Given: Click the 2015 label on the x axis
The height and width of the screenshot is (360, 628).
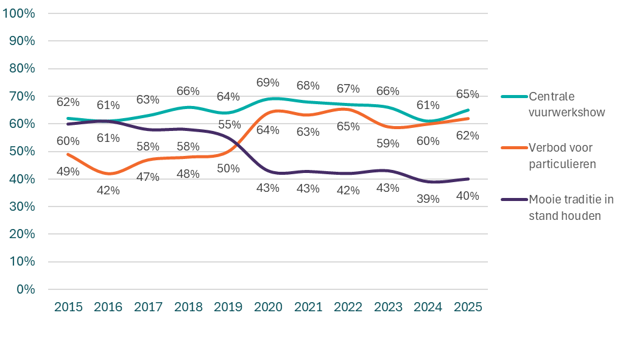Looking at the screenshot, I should (68, 306).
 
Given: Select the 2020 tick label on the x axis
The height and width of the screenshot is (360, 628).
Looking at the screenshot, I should (267, 306).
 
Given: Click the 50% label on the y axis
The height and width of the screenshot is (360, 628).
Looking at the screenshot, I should (23, 151).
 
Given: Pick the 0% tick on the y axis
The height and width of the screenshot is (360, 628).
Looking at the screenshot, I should (26, 289).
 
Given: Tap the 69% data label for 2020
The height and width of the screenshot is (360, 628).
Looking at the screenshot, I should (267, 82).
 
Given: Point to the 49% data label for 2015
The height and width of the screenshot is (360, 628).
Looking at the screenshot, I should (68, 172).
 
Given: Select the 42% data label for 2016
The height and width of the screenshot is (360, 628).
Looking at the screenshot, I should (108, 190).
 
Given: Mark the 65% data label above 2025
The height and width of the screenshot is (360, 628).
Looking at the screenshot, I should (468, 94).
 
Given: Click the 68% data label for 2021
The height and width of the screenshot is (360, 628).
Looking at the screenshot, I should (308, 85).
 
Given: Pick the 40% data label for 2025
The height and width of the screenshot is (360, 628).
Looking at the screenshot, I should (468, 196).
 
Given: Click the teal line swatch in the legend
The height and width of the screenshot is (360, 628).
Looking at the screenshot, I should (513, 96).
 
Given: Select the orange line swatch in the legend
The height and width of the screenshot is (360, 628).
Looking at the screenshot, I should (513, 148).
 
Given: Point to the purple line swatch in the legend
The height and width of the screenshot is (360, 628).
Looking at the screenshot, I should (513, 199).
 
